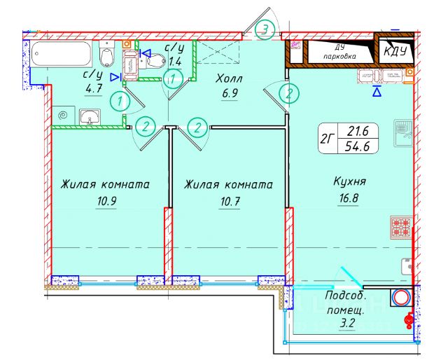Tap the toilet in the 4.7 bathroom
(107, 56)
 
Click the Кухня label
(350, 184)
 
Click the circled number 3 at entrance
(265, 29)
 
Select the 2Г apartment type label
(326, 137)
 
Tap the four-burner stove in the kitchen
(402, 227)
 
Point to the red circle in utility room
(401, 297)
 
